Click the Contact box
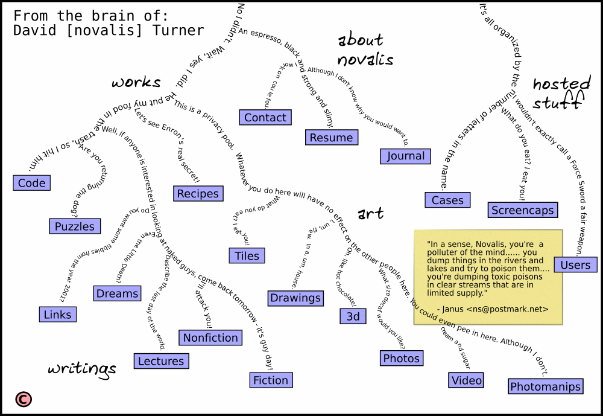coord(265,117)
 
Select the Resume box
coord(331,138)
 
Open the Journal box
coord(406,156)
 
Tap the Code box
coord(32,183)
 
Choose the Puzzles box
coord(75,226)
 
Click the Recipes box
coord(198,193)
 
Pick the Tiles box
coord(247,255)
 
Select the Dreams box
coord(118,293)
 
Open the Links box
coord(58,314)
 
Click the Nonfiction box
coord(211,338)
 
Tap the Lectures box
coord(161,361)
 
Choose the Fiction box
coord(271,380)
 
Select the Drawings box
coord(295,298)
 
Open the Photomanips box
coord(546,386)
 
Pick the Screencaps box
coord(522,210)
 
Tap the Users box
coord(575,264)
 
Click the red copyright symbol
coord(24,399)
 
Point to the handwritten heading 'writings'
coord(82,368)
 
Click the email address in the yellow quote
coord(507,309)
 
